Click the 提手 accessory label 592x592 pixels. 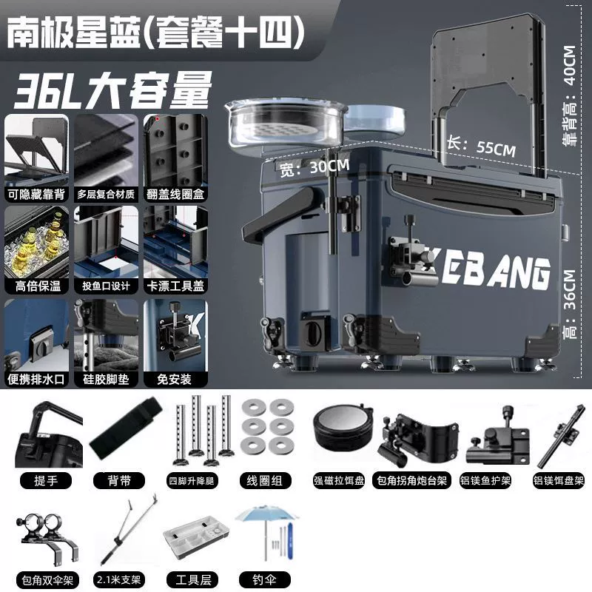[46, 480]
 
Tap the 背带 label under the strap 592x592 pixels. [119, 480]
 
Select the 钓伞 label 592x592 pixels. [265, 579]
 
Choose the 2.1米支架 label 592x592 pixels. [119, 579]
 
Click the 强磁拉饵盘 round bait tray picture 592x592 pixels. [343, 428]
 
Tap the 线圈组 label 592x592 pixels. [265, 480]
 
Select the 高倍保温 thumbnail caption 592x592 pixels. [37, 286]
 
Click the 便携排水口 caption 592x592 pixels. [37, 379]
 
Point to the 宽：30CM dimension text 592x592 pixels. [314, 168]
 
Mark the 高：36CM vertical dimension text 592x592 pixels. [570, 304]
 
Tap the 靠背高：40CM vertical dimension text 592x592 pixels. [570, 96]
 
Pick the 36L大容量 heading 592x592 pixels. [112, 90]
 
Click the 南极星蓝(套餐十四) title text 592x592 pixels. [155, 32]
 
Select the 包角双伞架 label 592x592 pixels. [47, 579]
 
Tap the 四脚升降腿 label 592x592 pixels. [192, 480]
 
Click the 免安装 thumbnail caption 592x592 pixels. [175, 379]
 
